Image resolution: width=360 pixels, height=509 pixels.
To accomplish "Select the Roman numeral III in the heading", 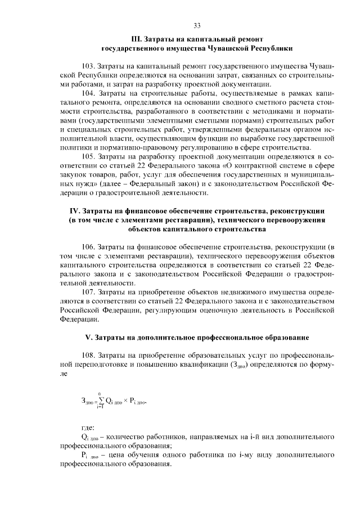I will (137, 39).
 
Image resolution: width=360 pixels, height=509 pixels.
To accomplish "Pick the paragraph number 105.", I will (89, 156).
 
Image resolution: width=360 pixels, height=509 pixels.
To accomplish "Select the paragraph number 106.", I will (89, 247).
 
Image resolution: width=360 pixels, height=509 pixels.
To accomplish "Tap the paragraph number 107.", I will (89, 292).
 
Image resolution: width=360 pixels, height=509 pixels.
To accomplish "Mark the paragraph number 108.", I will (89, 355).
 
